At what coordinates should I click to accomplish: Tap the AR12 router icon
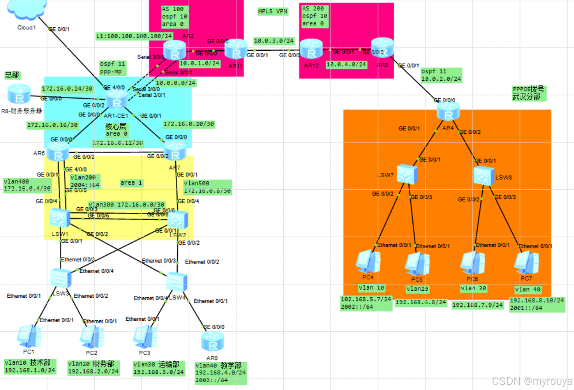click(310, 48)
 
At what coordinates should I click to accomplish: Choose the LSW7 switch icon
click(407, 174)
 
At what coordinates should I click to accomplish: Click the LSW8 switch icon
click(484, 175)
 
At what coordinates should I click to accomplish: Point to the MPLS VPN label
click(273, 12)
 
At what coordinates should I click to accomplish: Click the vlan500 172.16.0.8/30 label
click(207, 186)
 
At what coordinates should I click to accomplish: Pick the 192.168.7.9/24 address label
click(477, 305)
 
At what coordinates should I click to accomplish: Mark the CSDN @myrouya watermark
click(532, 381)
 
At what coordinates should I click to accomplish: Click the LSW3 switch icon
click(60, 279)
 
